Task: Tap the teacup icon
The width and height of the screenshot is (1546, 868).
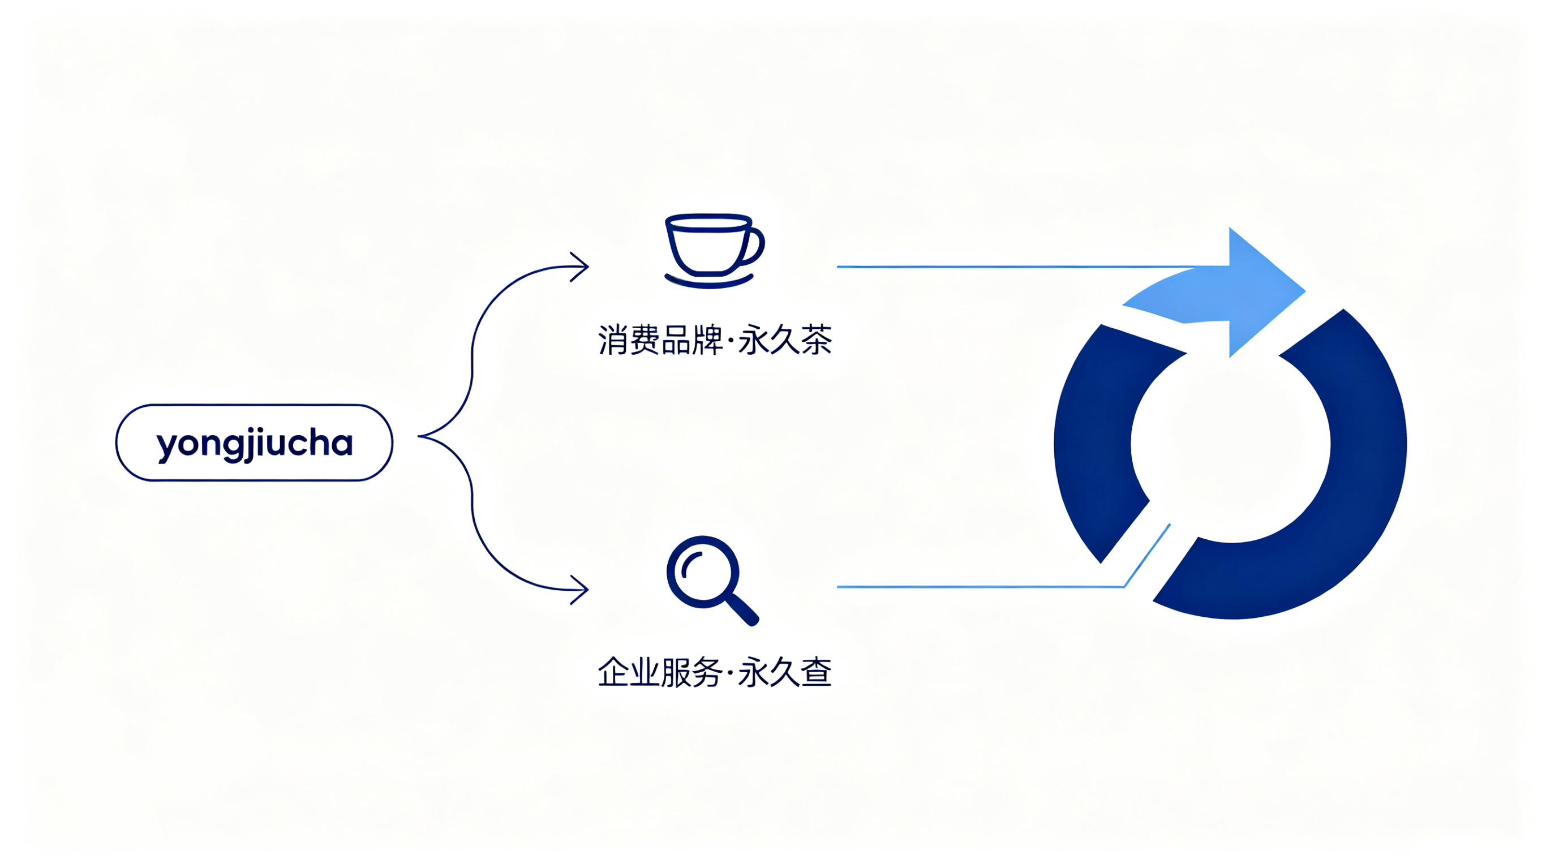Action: coord(714,251)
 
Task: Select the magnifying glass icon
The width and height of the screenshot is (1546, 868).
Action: coord(712,581)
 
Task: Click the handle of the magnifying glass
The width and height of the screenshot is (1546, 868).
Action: coord(744,611)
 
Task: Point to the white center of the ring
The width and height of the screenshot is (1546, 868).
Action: coord(1230,444)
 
